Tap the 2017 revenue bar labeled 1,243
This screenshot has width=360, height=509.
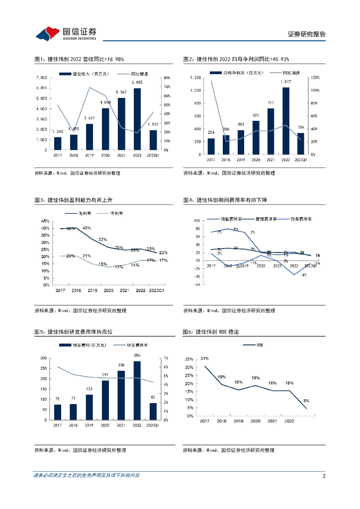coord(58,143)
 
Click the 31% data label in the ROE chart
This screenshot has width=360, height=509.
coord(204,358)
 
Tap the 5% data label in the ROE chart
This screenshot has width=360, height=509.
coord(306,400)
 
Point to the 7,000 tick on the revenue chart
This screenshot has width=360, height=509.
coord(41,78)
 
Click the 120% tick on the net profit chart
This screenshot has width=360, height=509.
coord(314,78)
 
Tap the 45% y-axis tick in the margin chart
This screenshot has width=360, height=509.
coord(45,221)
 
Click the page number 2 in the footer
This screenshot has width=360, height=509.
coord(324,476)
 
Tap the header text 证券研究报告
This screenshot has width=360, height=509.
coord(307,34)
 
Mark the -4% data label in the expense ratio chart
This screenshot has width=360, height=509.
coord(302,275)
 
